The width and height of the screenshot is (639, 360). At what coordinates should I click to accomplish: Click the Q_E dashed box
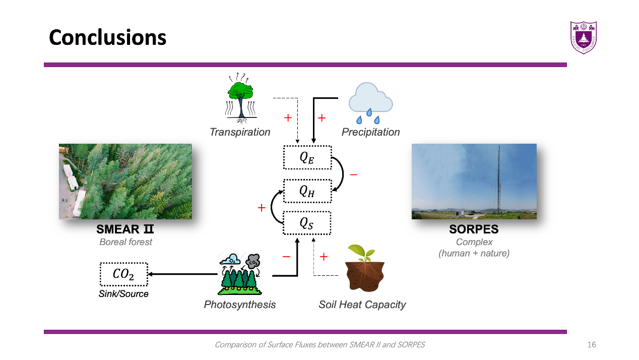(307, 157)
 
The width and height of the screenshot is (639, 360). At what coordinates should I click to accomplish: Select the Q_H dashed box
(307, 191)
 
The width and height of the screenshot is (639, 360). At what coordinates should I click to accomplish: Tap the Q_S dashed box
(307, 223)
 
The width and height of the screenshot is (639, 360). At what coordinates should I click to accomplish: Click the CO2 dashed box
(123, 275)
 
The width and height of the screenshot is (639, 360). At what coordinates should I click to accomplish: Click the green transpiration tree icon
(240, 98)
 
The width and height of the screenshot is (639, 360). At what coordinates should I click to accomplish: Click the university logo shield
(583, 37)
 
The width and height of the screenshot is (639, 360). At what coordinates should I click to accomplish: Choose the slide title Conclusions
(107, 37)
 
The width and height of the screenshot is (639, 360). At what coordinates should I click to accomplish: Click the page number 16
(592, 345)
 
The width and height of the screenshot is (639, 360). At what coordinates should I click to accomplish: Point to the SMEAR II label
(125, 229)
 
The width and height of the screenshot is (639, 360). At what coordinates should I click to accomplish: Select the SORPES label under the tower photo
(474, 229)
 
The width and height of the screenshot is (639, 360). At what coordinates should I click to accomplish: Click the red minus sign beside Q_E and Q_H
(353, 174)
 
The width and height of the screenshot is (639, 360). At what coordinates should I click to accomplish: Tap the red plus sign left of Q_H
(261, 207)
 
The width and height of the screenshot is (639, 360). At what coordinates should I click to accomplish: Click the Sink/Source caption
(123, 293)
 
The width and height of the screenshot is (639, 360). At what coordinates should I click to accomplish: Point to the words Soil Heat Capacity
(362, 305)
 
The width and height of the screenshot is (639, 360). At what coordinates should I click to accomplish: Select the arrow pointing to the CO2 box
(181, 274)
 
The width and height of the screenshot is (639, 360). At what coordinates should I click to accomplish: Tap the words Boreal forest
(125, 242)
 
